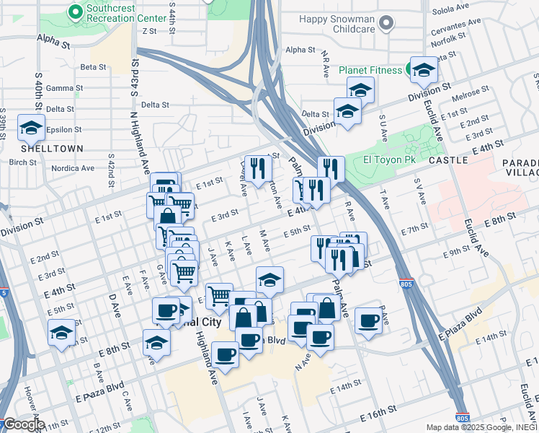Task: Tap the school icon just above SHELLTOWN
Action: (31, 127)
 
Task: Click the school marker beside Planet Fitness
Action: (424, 69)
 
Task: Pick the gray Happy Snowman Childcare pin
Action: (387, 23)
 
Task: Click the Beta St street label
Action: (93, 67)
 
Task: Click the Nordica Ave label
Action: (73, 168)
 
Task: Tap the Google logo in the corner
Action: (23, 424)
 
